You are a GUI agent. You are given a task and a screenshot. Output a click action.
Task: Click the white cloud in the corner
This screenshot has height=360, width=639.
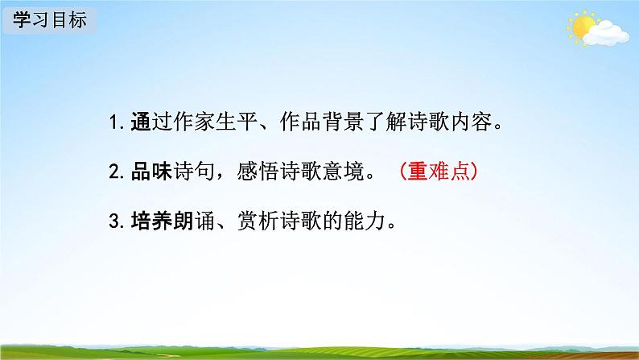coord(606,32)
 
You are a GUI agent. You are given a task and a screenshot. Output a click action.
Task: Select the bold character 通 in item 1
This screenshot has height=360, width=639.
coord(140,124)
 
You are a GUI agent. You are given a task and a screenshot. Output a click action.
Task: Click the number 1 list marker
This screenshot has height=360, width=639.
coord(113,124)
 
